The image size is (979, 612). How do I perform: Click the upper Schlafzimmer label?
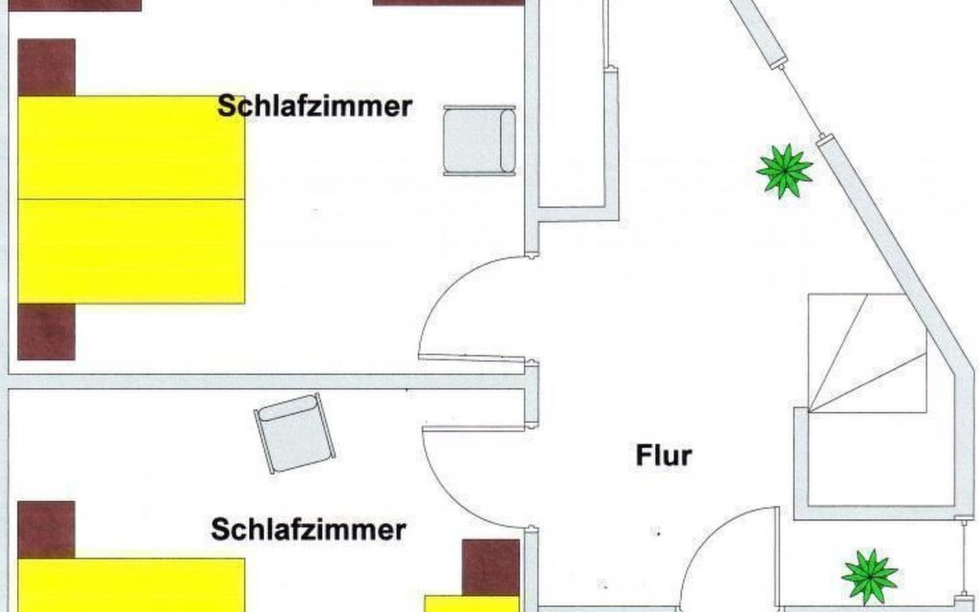point(315,107)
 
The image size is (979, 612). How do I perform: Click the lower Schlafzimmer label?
point(308,530)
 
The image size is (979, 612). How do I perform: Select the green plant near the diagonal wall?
point(784,170)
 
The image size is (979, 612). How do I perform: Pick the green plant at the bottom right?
point(869,576)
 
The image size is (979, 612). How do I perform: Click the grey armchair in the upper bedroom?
point(479,140)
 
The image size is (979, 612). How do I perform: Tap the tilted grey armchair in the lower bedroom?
point(295,433)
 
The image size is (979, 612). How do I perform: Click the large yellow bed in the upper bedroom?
point(132,199)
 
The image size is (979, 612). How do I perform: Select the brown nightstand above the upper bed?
point(46,67)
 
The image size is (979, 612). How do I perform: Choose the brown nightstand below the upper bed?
point(46,332)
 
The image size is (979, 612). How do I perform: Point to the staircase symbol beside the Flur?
point(867,353)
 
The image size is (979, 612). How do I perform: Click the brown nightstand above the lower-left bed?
point(46,529)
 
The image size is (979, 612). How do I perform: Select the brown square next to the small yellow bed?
point(491,567)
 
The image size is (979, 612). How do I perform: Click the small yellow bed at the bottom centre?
point(473,603)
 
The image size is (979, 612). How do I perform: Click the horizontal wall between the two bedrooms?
point(267,381)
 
